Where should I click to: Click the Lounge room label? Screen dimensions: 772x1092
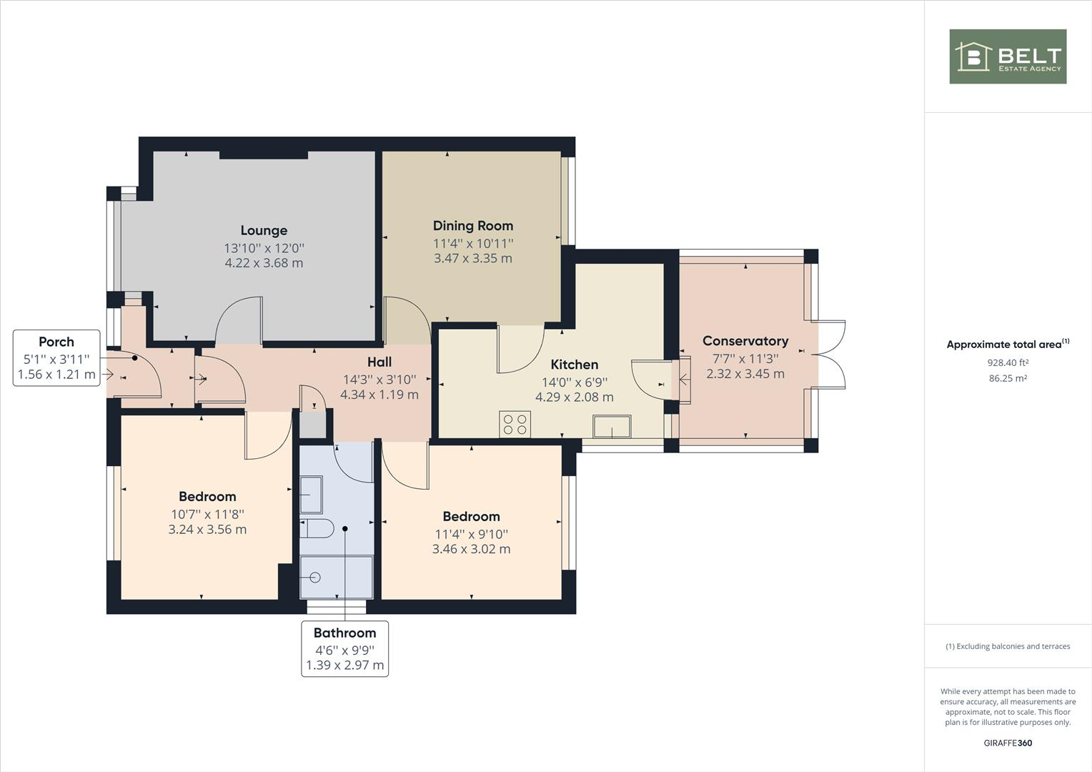(264, 230)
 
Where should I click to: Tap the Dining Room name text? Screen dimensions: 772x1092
(472, 226)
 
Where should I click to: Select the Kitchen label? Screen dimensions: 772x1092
(574, 365)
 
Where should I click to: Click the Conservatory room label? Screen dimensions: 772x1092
(745, 341)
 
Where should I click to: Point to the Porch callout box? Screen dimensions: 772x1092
(56, 358)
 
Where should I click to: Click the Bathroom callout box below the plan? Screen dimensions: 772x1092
(344, 649)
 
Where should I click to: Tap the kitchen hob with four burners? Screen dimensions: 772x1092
(515, 424)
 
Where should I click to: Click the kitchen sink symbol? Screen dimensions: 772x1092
(612, 427)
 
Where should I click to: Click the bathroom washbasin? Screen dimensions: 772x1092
(311, 495)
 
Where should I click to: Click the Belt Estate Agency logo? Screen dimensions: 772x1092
(1008, 56)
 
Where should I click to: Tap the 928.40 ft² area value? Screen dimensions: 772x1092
(1008, 362)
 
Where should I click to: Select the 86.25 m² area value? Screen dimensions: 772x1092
(1008, 378)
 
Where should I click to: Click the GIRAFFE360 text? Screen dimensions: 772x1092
(1008, 743)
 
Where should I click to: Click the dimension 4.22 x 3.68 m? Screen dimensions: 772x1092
(264, 263)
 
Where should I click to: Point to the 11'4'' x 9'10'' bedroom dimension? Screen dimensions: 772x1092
(471, 534)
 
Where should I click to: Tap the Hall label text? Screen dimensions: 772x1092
(379, 362)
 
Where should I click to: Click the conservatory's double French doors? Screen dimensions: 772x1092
(829, 355)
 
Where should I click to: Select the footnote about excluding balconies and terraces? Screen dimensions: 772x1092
(1008, 646)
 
